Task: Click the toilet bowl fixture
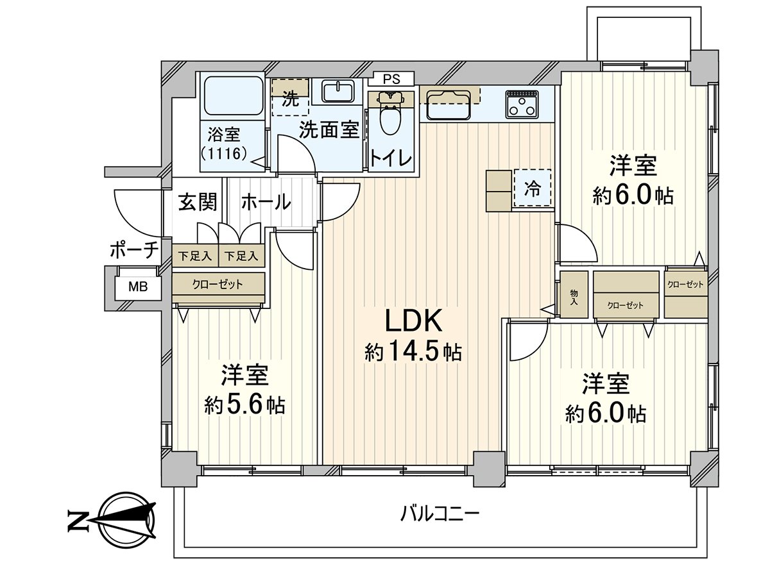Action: pos(391,112)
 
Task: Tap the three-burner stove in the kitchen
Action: pos(522,104)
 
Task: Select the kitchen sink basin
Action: pos(449,105)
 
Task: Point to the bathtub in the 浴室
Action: pos(234,96)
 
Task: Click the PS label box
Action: pos(391,79)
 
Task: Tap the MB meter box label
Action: pos(138,287)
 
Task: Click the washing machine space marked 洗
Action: pos(291,97)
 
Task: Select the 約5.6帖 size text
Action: pos(244,405)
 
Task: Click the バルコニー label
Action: pos(440,514)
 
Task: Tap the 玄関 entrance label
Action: pos(198,202)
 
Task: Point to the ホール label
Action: pos(266,202)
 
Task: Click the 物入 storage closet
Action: pos(574,295)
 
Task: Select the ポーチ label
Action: pos(134,250)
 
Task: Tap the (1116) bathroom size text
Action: pos(225,153)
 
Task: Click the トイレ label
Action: pos(391,158)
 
